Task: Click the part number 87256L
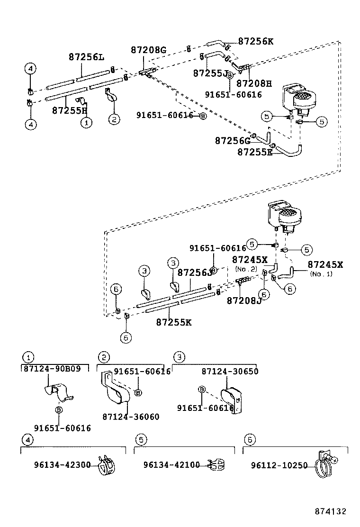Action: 86,57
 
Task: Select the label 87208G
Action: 148,50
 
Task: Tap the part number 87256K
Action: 255,41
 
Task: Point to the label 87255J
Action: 210,73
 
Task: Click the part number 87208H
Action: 254,84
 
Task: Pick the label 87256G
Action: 232,141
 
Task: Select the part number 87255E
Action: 254,152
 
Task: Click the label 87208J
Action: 244,300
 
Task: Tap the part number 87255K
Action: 173,322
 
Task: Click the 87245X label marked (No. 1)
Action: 325,264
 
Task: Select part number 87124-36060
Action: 131,417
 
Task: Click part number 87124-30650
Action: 230,372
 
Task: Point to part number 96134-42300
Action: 62,465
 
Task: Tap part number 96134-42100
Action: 171,465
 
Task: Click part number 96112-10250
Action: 279,465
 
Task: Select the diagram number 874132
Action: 331,511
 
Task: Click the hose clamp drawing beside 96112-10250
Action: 324,463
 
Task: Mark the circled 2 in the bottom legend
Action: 103,357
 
